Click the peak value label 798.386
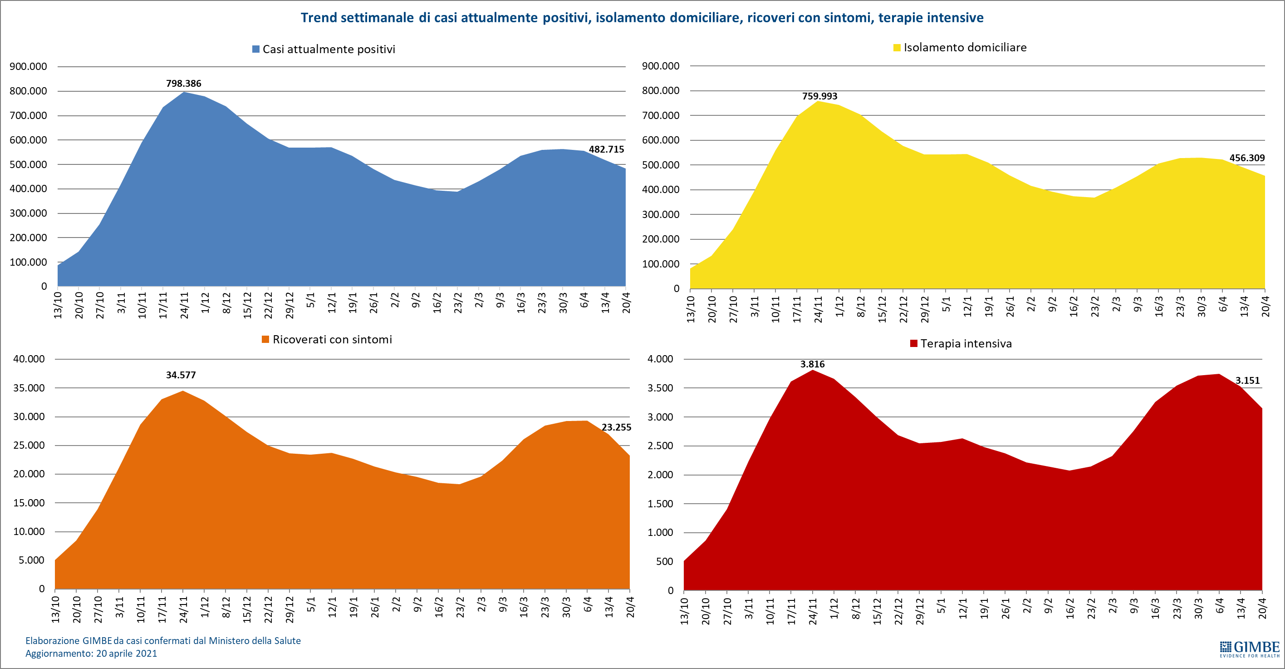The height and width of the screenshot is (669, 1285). [184, 84]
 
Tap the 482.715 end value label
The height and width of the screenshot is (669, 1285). [606, 149]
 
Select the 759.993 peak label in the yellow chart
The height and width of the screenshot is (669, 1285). [819, 96]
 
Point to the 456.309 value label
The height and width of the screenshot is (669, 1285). [1246, 158]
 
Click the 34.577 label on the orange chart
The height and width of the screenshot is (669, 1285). [181, 375]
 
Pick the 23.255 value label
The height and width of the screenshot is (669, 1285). [616, 427]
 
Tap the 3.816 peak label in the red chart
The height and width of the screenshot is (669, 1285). [812, 364]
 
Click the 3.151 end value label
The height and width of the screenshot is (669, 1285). [1247, 381]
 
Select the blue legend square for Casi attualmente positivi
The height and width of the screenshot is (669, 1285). [256, 50]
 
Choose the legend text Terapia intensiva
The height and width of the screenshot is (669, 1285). [966, 344]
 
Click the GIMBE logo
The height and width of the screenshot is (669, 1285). [1250, 649]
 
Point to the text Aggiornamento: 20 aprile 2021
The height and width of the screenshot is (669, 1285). [91, 654]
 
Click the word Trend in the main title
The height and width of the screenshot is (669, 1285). [318, 18]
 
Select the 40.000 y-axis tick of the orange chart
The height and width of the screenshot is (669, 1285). [29, 359]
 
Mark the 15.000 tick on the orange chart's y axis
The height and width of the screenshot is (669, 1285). [29, 503]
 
